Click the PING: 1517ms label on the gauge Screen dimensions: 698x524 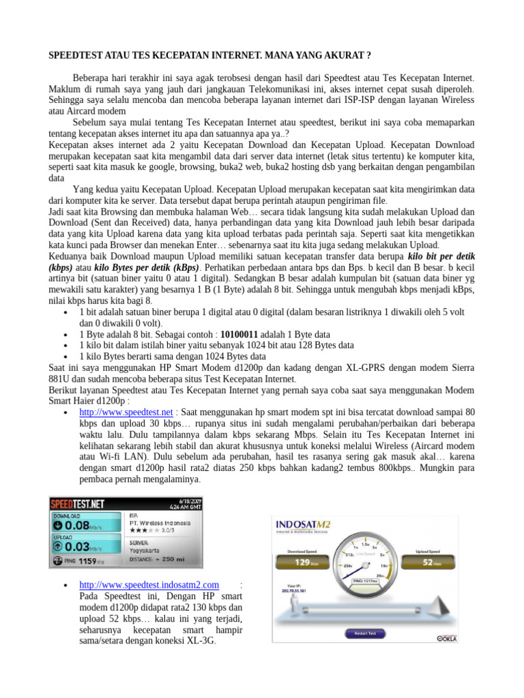(367, 580)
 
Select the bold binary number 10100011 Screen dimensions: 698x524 (235, 335)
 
